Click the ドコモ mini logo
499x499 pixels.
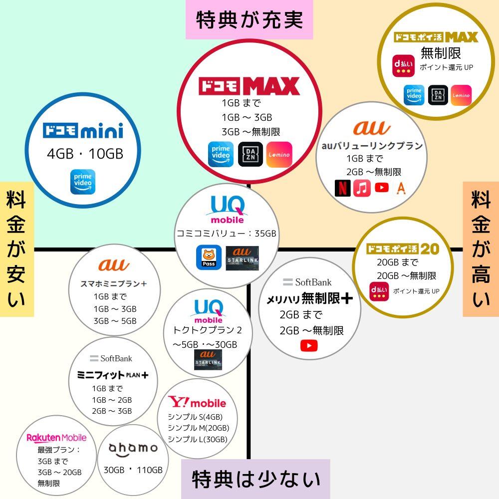pyautogui.click(x=83, y=131)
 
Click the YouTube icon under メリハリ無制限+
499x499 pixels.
pyautogui.click(x=309, y=345)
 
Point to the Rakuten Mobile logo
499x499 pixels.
pyautogui.click(x=56, y=438)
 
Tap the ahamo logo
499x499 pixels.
pyautogui.click(x=133, y=448)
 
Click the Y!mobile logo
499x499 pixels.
pyautogui.click(x=197, y=402)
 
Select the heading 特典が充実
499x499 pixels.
pyautogui.click(x=249, y=20)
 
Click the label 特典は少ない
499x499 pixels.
pyautogui.click(x=255, y=479)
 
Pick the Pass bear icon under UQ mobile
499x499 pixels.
pyautogui.click(x=209, y=257)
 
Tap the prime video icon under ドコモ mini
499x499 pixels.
pyautogui.click(x=83, y=182)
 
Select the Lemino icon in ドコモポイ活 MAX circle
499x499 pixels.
pyautogui.click(x=461, y=95)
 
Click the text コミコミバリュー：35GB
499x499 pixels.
pyautogui.click(x=227, y=234)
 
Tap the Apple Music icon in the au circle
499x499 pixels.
pyautogui.click(x=362, y=188)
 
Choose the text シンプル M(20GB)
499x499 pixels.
pyautogui.click(x=198, y=428)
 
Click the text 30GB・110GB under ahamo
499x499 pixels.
pyautogui.click(x=133, y=470)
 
